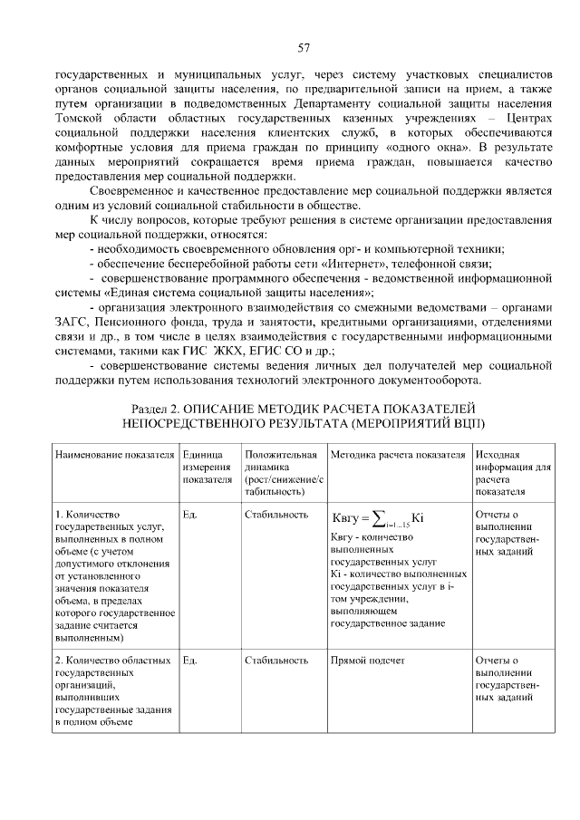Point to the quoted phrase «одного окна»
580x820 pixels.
coord(430,147)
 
